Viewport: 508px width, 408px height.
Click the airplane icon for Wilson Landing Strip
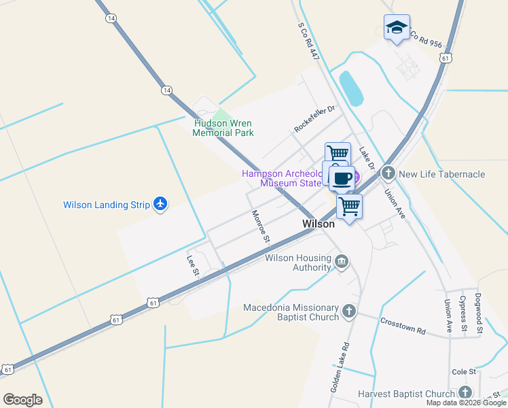click(x=160, y=204)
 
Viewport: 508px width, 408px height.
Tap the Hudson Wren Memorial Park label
click(x=223, y=128)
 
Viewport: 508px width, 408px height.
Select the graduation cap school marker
click(x=397, y=28)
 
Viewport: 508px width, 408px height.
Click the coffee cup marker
click(x=342, y=178)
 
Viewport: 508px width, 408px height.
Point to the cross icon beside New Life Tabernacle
click(x=388, y=173)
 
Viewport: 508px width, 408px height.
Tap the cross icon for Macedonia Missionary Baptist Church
click(x=349, y=311)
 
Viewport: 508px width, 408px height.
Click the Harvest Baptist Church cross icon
click(x=465, y=393)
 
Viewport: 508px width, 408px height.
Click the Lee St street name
click(x=193, y=265)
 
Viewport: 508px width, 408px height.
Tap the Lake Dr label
click(x=367, y=160)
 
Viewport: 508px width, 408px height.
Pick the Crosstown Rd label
click(x=403, y=326)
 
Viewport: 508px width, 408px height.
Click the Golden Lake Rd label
click(x=340, y=367)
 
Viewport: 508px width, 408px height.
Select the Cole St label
click(x=465, y=372)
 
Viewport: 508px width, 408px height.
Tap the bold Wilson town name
click(x=319, y=224)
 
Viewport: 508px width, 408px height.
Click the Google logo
click(x=22, y=400)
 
